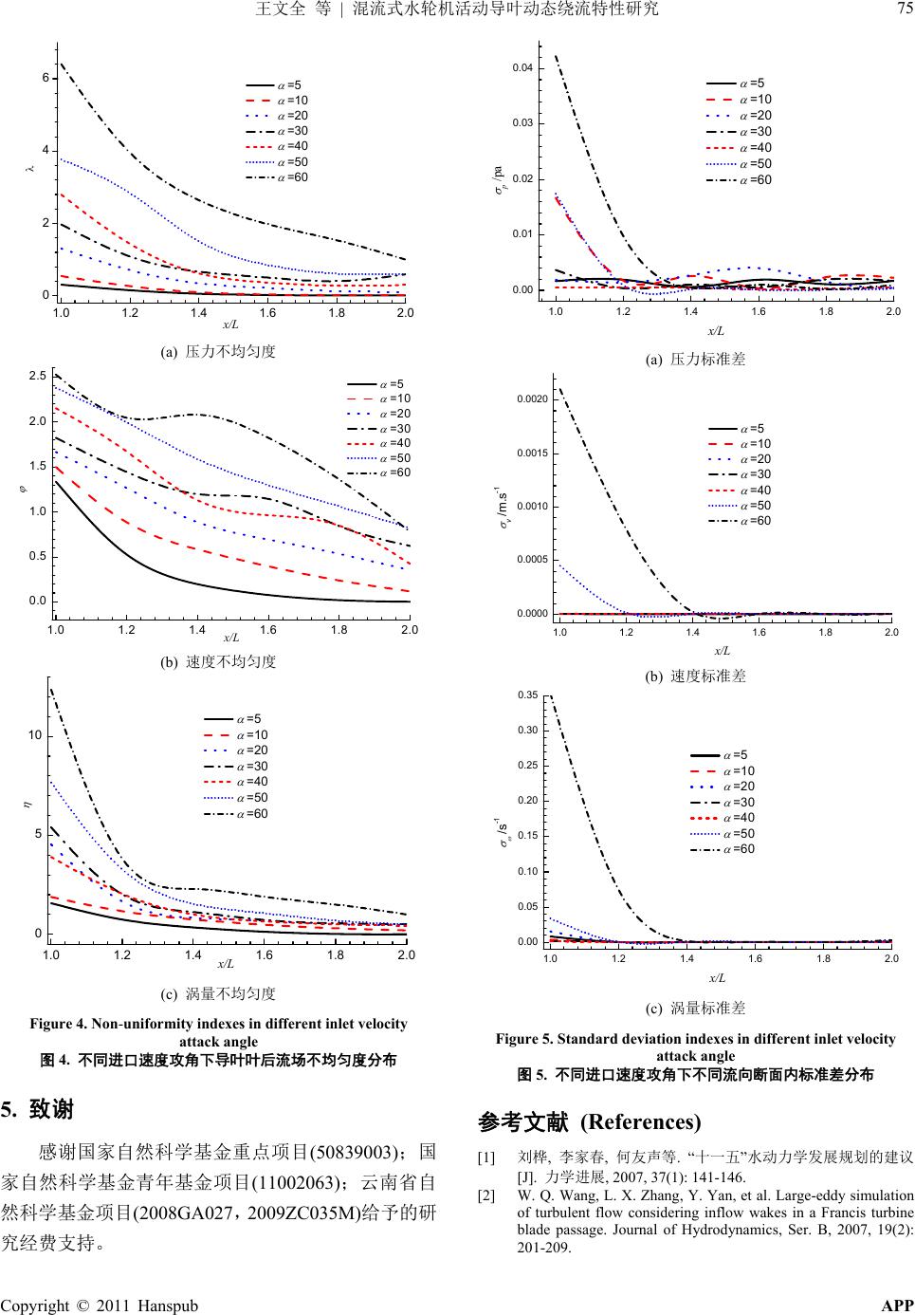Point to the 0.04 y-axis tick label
tap(522, 68)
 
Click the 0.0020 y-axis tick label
tap(532, 399)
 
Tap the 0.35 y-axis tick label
tap(527, 695)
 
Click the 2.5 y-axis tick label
tap(38, 377)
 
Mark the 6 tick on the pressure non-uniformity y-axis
tap(46, 78)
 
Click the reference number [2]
tap(486, 1195)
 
